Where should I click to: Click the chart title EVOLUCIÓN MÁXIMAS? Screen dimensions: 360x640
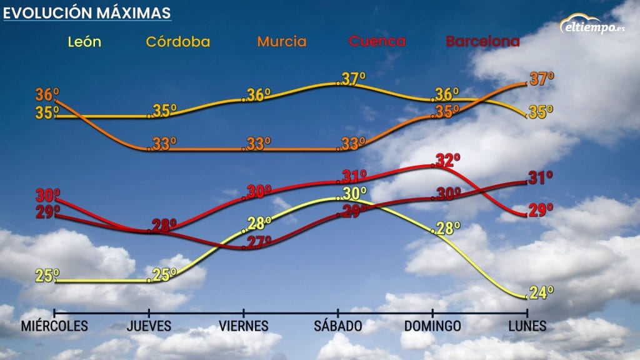tap(87, 12)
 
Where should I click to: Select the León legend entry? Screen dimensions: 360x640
tap(85, 42)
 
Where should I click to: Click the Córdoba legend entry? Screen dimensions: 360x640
tap(177, 42)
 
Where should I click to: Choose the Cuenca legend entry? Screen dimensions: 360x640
tap(377, 42)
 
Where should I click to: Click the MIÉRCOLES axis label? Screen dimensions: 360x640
tap(54, 326)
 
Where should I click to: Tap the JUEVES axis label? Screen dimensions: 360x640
tap(149, 326)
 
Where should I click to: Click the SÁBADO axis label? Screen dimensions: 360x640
tap(338, 326)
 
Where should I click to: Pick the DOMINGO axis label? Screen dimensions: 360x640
tap(432, 326)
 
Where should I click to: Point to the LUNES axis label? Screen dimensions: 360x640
tap(527, 326)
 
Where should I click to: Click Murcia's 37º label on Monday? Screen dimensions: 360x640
tap(542, 79)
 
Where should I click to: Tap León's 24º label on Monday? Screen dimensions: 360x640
tap(541, 292)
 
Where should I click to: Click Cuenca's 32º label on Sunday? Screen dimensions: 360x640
tap(447, 160)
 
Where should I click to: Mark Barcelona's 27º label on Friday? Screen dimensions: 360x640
tap(259, 242)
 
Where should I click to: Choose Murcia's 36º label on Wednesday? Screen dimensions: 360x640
tap(47, 95)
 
